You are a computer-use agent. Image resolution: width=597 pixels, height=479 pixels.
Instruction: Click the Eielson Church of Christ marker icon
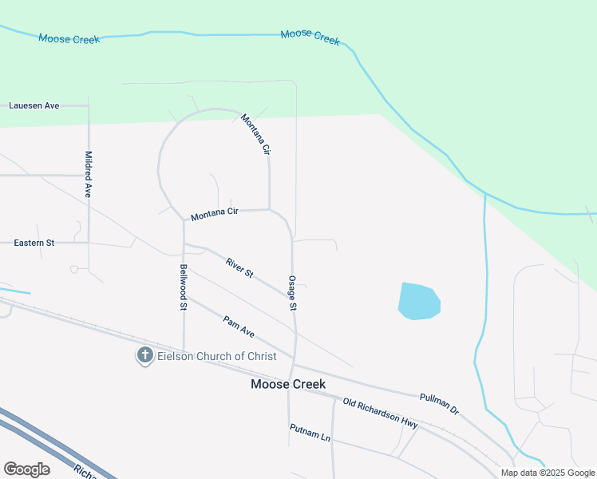click(144, 355)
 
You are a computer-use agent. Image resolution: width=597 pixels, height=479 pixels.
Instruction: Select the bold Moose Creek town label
click(288, 384)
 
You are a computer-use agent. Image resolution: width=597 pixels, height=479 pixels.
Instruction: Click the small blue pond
click(418, 301)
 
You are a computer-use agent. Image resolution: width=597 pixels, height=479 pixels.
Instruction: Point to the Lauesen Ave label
click(34, 105)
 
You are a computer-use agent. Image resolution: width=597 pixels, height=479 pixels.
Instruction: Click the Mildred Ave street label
click(89, 174)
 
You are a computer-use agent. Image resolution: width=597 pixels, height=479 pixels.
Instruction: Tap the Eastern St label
click(34, 242)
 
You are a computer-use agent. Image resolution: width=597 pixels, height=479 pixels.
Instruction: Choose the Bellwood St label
click(184, 287)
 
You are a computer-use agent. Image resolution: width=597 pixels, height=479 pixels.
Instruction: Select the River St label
click(239, 267)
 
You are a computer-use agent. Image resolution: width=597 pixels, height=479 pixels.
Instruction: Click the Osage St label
click(293, 293)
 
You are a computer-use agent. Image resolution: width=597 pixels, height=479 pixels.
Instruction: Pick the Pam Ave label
click(239, 326)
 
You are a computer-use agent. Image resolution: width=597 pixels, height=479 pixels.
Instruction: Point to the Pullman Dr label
click(439, 402)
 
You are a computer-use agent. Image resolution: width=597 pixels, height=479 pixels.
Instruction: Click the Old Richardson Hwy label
click(381, 412)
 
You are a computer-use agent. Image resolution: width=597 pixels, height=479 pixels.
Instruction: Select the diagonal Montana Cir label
click(256, 133)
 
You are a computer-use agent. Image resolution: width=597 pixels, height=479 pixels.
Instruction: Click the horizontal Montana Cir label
click(215, 213)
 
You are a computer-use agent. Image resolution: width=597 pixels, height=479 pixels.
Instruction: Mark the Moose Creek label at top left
click(69, 38)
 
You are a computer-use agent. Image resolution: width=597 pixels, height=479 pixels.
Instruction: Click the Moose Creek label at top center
click(310, 36)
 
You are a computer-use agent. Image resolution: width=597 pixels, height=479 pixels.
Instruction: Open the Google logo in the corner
click(26, 469)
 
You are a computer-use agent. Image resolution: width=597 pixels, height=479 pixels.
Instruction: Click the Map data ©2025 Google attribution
click(548, 473)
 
